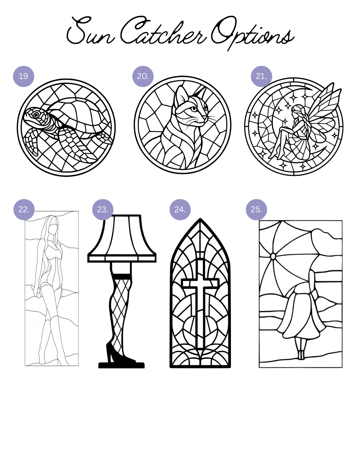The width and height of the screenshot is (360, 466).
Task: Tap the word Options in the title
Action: point(252,32)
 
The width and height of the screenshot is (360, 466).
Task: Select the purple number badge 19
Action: point(24,76)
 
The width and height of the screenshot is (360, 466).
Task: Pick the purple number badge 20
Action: point(143,76)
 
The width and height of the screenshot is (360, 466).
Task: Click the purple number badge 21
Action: point(261,76)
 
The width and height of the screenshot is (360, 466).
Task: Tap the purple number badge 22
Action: point(24,209)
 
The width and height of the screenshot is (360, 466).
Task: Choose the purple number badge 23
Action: point(103,209)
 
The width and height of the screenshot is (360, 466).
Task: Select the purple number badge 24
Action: point(180,209)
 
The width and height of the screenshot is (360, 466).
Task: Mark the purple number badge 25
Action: point(256,209)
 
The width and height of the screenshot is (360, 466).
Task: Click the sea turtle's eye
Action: point(36,114)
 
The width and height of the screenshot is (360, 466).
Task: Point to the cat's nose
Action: point(206,117)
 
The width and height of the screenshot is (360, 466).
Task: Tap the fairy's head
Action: point(297,110)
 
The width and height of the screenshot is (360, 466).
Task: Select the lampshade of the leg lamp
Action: point(122,238)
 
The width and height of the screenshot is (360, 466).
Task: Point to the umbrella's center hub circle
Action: point(273,256)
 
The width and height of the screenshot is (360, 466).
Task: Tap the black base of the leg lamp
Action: point(122,365)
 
